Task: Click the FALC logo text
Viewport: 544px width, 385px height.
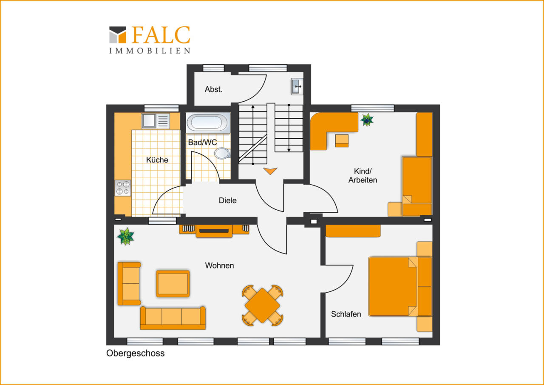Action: pyautogui.click(x=161, y=35)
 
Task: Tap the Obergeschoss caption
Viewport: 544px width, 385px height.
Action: pyautogui.click(x=135, y=353)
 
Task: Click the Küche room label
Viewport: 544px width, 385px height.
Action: pyautogui.click(x=157, y=160)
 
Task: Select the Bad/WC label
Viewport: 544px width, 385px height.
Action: pyautogui.click(x=203, y=142)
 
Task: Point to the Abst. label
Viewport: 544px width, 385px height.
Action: pyautogui.click(x=213, y=89)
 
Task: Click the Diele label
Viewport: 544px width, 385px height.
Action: pyautogui.click(x=227, y=200)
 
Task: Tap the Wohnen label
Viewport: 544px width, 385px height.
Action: pyautogui.click(x=220, y=265)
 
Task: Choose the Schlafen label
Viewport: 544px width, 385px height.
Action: pyautogui.click(x=346, y=314)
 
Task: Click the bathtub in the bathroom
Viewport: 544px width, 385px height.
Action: pyautogui.click(x=208, y=123)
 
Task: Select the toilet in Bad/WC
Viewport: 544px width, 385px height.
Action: pyautogui.click(x=222, y=154)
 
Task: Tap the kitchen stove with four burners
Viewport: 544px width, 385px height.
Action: pyautogui.click(x=123, y=188)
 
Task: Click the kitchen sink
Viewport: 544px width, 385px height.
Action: pyautogui.click(x=156, y=121)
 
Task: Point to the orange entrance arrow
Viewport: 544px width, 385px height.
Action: pyautogui.click(x=270, y=171)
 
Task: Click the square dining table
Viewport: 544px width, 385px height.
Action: pyautogui.click(x=262, y=305)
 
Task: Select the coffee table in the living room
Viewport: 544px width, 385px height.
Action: pyautogui.click(x=173, y=284)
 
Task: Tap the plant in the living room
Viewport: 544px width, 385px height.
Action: pyautogui.click(x=125, y=236)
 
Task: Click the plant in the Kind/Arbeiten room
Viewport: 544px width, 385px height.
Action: pyautogui.click(x=367, y=120)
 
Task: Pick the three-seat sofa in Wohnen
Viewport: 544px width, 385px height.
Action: pyautogui.click(x=173, y=318)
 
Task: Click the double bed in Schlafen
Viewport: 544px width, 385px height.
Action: pyautogui.click(x=400, y=287)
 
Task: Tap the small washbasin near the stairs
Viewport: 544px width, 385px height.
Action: pyautogui.click(x=297, y=86)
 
